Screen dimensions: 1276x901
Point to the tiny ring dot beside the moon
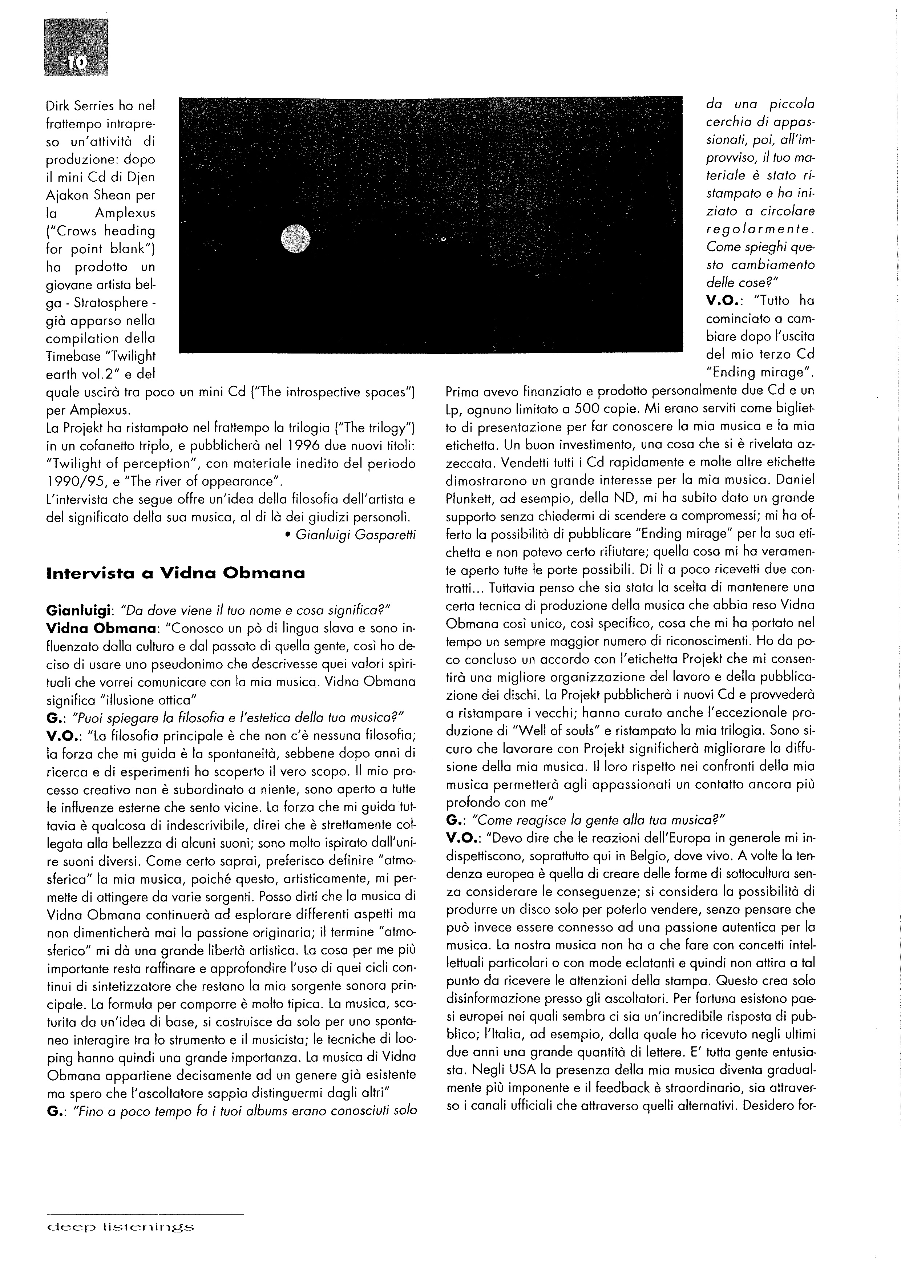(x=443, y=239)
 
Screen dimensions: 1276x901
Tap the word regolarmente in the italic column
(x=760, y=229)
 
